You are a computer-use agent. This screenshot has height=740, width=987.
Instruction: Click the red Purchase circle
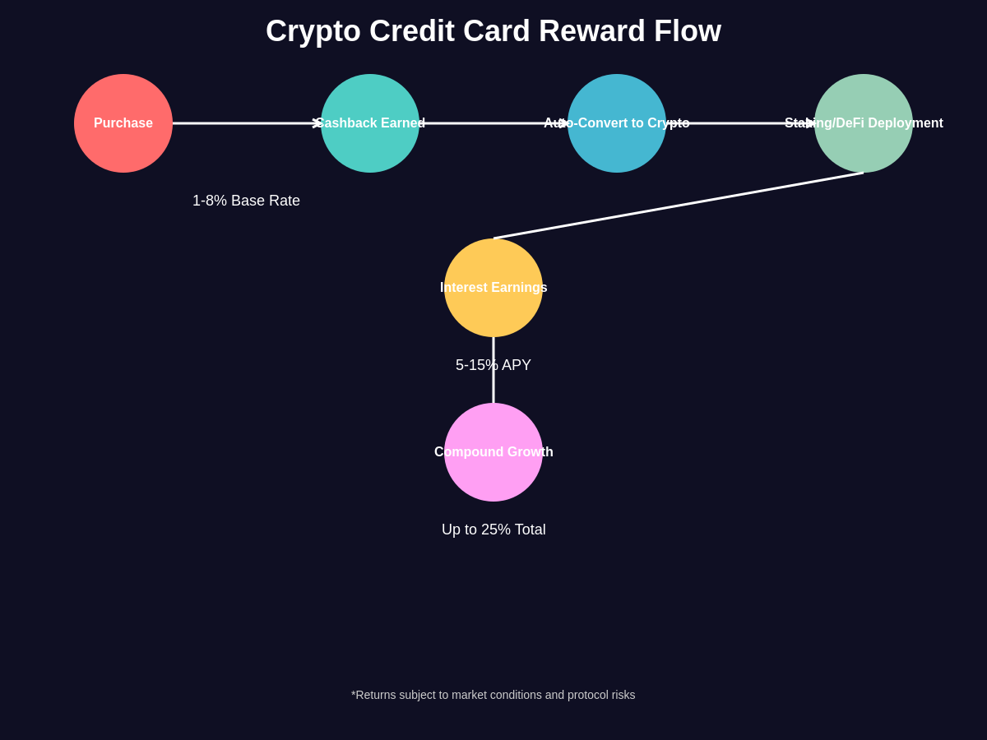[123, 123]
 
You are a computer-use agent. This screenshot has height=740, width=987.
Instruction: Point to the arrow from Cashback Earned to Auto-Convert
[493, 123]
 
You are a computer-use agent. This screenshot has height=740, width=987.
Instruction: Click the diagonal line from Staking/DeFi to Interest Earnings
[679, 206]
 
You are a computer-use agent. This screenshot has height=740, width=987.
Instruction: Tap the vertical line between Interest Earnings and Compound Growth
[493, 386]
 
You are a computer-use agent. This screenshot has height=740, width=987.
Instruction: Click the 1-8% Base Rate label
[246, 201]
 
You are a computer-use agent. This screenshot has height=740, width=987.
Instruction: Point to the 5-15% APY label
[493, 365]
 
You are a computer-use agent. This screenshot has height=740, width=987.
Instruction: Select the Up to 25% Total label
[493, 530]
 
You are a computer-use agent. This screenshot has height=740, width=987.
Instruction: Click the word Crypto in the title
[313, 31]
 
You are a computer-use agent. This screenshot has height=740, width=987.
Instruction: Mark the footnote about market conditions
[493, 695]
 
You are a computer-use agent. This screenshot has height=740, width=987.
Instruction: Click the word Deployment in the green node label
[906, 123]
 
